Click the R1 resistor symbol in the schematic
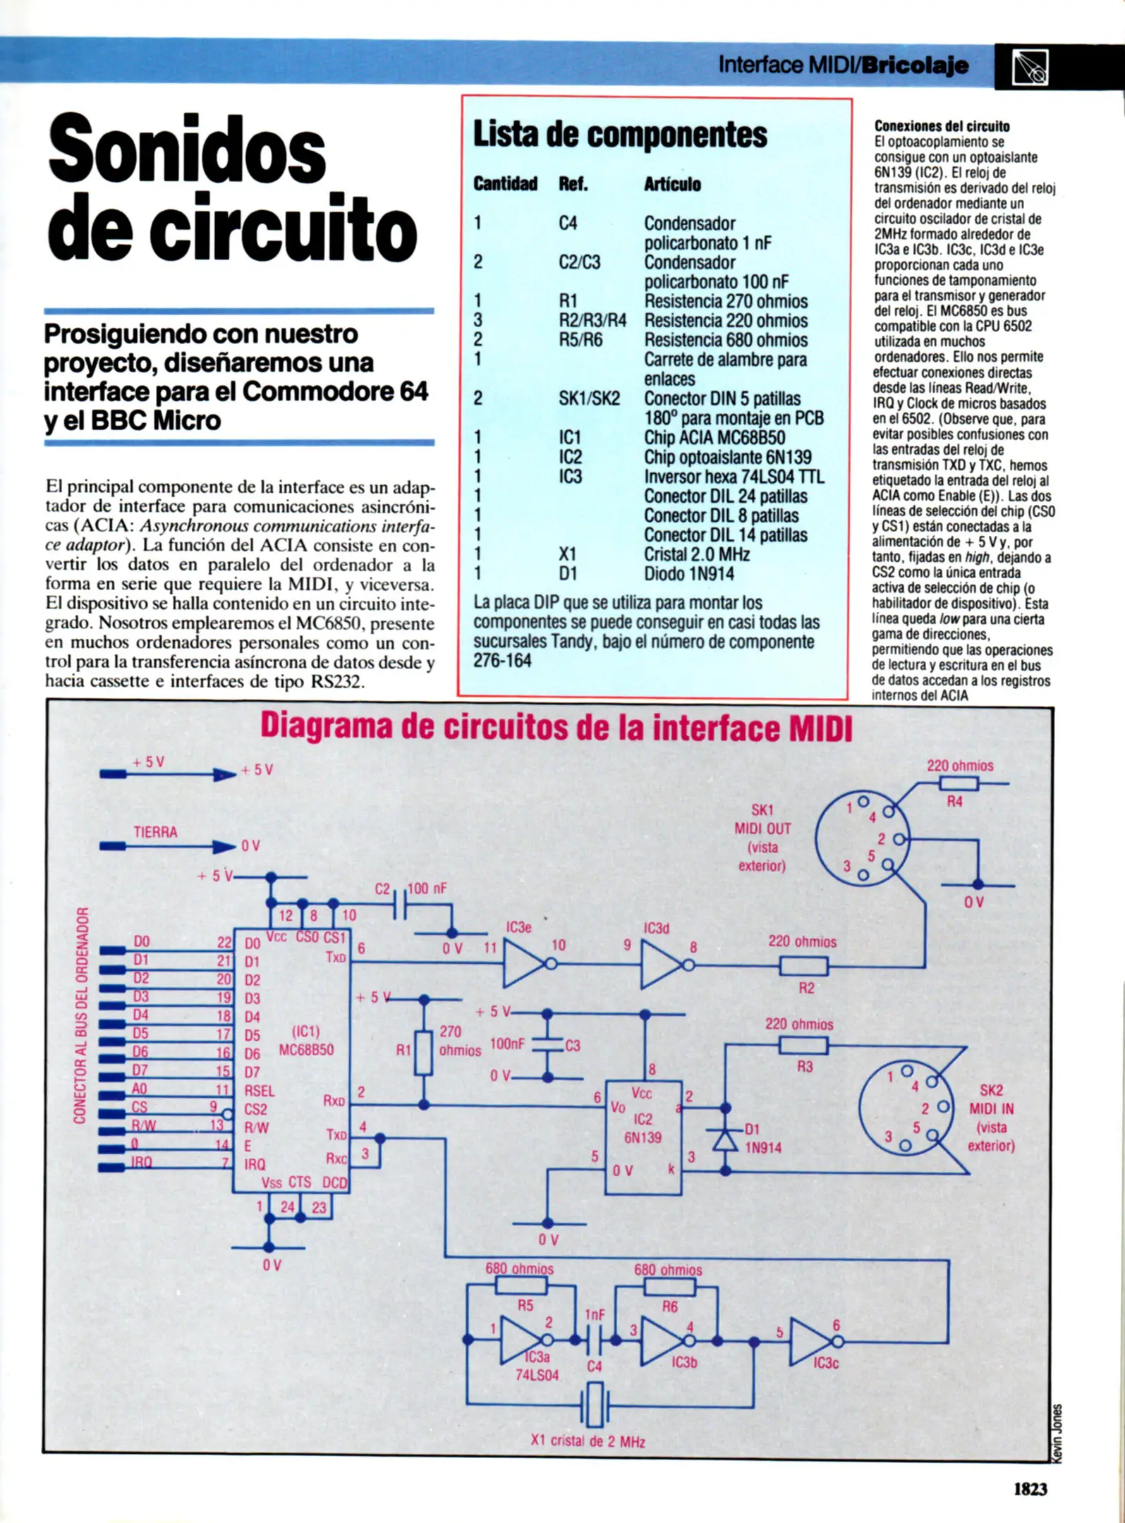click(x=423, y=1053)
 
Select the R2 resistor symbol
click(x=803, y=966)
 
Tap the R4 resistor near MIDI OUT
click(x=959, y=783)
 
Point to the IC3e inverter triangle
click(x=523, y=965)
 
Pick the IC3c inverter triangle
click(x=810, y=1342)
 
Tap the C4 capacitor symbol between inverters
click(x=595, y=1340)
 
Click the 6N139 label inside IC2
click(x=643, y=1137)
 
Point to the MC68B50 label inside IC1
click(x=306, y=1051)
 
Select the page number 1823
click(x=1030, y=1488)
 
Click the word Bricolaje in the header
click(x=915, y=66)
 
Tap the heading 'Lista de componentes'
click(x=620, y=134)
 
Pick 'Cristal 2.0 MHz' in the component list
click(x=696, y=555)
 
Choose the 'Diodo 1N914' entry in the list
click(x=688, y=574)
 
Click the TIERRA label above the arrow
click(x=155, y=832)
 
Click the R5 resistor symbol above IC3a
click(x=521, y=1286)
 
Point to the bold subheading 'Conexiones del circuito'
click(x=942, y=126)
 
